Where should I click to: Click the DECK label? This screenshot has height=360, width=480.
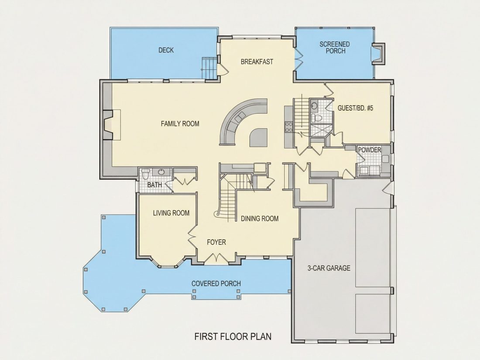click(166, 50)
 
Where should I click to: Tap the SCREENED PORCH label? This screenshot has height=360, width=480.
click(335, 48)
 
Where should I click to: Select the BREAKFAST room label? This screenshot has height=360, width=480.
click(257, 62)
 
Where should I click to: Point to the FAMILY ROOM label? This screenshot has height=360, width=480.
click(180, 123)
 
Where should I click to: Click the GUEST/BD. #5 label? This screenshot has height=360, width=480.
click(355, 108)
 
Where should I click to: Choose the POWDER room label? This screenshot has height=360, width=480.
click(370, 150)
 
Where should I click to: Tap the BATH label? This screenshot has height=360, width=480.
click(154, 185)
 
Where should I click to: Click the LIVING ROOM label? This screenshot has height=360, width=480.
click(171, 213)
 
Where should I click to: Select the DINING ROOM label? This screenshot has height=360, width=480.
click(260, 218)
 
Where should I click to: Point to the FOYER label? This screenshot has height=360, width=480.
click(216, 242)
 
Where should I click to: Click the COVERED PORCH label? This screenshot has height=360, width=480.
click(216, 284)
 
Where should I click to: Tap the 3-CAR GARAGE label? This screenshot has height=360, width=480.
click(329, 268)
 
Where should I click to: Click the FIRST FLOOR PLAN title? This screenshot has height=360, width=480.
click(233, 336)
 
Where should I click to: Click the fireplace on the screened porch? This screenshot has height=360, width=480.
click(378, 54)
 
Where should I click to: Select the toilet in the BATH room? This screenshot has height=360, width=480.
click(145, 174)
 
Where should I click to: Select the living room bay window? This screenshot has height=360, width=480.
click(168, 262)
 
